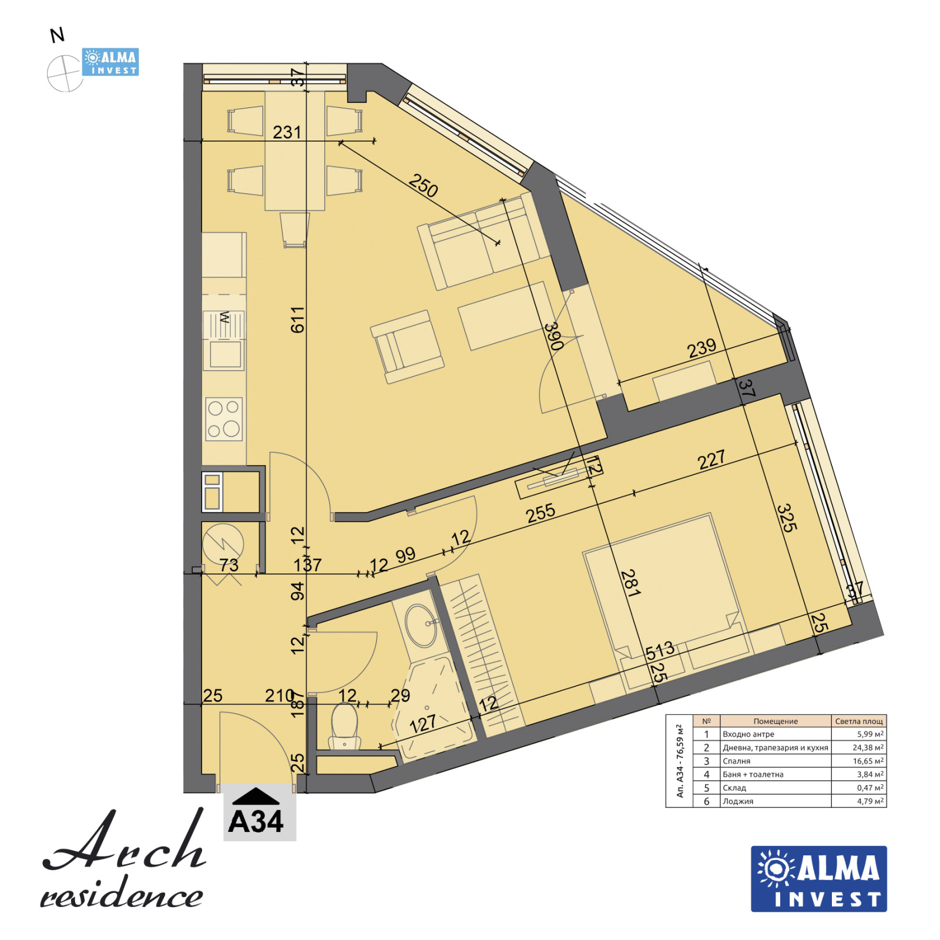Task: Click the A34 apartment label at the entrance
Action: point(256,821)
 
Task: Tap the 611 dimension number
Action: point(298,320)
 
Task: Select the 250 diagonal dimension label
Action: point(423,186)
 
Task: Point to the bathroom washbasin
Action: point(421,625)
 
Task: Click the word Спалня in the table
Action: point(736,761)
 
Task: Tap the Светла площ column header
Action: point(858,721)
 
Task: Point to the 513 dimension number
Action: point(660,651)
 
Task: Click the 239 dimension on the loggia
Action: point(701,348)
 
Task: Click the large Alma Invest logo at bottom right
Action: point(818,878)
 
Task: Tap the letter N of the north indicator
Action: point(57,36)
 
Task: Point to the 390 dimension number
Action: point(553,336)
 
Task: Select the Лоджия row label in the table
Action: point(738,801)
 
